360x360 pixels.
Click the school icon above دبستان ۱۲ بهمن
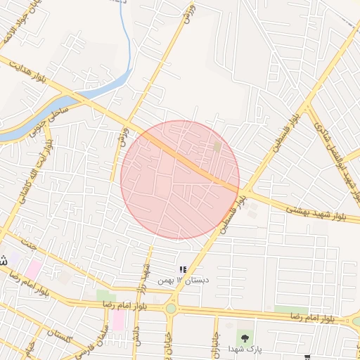click(184, 269)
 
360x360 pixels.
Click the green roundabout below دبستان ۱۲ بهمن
click(170, 307)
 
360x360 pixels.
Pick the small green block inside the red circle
click(217, 146)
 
